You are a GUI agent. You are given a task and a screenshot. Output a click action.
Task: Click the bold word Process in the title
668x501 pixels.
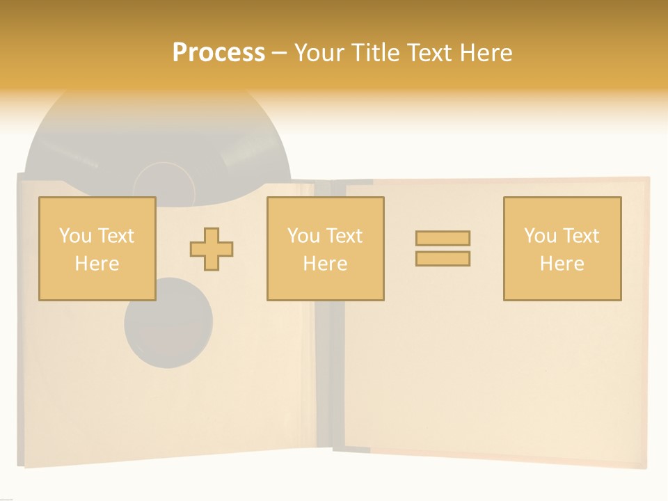(x=218, y=53)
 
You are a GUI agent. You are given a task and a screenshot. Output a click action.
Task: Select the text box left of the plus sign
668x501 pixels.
(x=97, y=248)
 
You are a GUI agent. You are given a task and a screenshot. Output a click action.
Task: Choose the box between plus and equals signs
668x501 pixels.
(x=325, y=248)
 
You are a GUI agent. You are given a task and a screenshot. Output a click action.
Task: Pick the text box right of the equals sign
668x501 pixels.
(x=562, y=248)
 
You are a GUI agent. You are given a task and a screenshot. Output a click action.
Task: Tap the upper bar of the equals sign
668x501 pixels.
(x=443, y=238)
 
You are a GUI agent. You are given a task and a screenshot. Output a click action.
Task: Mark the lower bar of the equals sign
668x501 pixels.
(x=443, y=258)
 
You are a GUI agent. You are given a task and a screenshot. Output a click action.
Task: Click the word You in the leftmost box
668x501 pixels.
(x=74, y=236)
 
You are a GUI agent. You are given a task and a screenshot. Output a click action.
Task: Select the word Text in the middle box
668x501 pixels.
(x=344, y=236)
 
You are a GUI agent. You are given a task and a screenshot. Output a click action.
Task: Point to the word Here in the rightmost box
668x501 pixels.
(x=562, y=264)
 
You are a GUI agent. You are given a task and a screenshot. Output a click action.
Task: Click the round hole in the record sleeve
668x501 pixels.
(x=168, y=322)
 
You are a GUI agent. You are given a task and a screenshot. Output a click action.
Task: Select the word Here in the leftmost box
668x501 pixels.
(x=97, y=264)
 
